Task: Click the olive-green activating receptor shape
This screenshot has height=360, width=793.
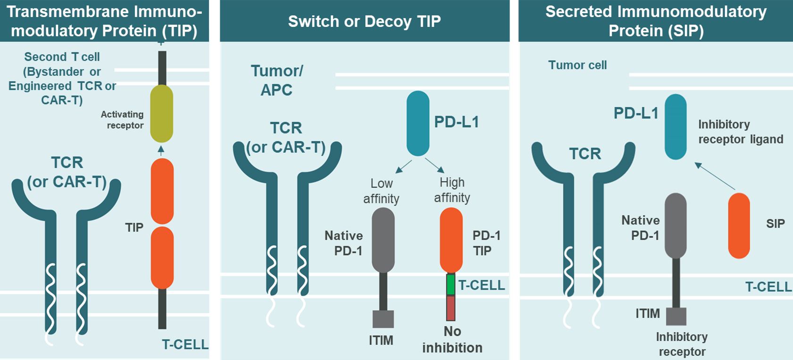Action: click(162, 113)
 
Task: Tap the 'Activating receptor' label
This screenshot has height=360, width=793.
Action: click(122, 120)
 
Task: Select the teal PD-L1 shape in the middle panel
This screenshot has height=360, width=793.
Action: click(418, 123)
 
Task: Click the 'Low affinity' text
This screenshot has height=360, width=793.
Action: click(381, 191)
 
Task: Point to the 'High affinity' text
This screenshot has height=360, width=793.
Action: click(452, 190)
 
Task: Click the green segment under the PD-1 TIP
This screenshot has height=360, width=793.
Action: click(451, 285)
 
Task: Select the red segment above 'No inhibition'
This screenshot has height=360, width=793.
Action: click(451, 308)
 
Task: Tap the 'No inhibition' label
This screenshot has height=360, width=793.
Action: click(452, 340)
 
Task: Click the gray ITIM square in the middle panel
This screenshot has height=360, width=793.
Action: click(383, 319)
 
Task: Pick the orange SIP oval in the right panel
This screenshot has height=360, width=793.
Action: click(739, 226)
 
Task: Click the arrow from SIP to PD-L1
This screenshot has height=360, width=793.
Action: click(715, 176)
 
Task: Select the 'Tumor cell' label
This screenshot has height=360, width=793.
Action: click(577, 65)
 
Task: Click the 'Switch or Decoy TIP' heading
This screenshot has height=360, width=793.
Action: click(364, 21)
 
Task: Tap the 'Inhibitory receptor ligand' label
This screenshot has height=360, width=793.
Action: click(740, 132)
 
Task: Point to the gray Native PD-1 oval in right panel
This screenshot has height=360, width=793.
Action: click(676, 226)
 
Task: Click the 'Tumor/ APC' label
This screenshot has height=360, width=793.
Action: click(277, 80)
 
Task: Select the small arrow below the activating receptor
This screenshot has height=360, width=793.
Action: click(161, 151)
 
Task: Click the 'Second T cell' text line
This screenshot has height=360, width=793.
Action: click(62, 57)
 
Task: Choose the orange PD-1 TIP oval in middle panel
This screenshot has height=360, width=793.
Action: click(451, 240)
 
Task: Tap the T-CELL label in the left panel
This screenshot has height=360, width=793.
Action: click(185, 344)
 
